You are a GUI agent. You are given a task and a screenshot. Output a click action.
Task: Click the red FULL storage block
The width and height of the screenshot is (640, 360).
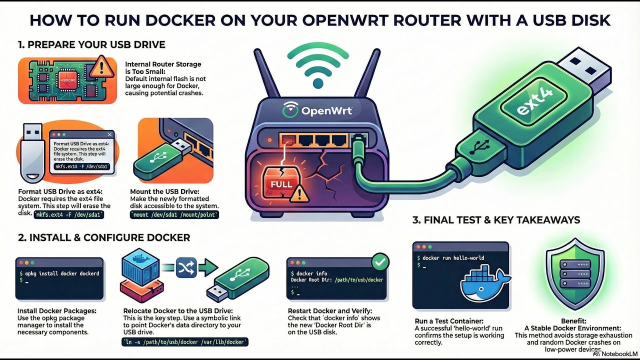tap(281, 183)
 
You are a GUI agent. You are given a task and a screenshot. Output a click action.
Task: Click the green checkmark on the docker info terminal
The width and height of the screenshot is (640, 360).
tap(380, 261)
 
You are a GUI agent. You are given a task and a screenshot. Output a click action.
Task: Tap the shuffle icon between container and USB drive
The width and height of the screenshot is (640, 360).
tap(184, 268)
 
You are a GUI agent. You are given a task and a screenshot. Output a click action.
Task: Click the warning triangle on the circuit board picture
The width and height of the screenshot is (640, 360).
tap(103, 65)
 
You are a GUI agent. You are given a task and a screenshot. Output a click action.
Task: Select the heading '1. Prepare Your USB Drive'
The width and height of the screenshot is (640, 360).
tap(91, 44)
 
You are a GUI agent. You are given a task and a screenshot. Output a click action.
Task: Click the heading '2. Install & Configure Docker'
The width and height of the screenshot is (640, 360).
tap(104, 237)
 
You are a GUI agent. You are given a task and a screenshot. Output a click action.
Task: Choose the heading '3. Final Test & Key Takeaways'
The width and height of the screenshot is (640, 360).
tap(496, 220)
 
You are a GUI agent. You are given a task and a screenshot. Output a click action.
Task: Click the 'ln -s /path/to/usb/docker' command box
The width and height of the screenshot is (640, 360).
tap(185, 342)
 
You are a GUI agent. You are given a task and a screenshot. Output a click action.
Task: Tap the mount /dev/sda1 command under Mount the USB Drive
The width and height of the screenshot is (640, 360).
tap(174, 215)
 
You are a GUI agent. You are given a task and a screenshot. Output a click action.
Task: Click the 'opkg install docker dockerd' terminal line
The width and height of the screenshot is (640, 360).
tap(59, 273)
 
